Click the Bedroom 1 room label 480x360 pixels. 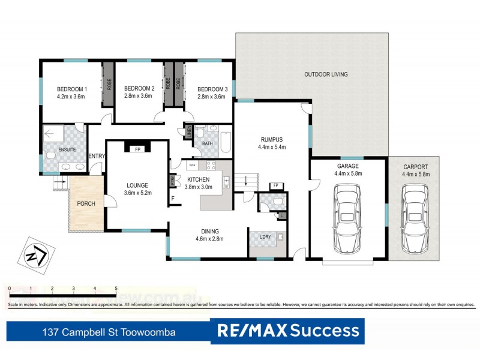tap(72, 89)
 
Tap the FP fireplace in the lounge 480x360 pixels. tap(137, 149)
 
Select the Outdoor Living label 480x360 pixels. tap(325, 75)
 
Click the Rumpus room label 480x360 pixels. tap(271, 139)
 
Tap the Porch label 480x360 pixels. tap(86, 204)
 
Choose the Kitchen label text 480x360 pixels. tap(198, 179)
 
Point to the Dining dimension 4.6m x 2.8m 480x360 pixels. tap(209, 239)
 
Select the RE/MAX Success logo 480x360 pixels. tap(289, 331)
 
